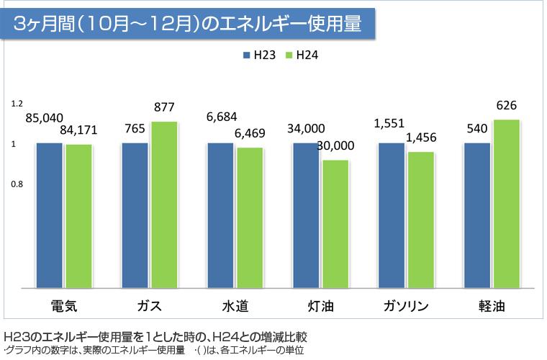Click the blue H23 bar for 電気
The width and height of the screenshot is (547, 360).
[x=49, y=215]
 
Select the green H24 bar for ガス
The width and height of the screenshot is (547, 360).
[x=164, y=204]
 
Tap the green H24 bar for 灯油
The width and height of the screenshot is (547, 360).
[x=335, y=223]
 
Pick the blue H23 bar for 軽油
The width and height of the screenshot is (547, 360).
[x=477, y=215]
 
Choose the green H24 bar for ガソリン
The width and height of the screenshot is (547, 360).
[x=420, y=220]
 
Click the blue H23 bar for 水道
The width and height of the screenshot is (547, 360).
[x=220, y=215]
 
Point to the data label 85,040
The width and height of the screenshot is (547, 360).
[x=44, y=117]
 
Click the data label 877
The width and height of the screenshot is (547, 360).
[x=164, y=108]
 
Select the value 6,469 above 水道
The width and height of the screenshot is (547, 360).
[x=250, y=134]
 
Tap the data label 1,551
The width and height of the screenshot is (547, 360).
[x=389, y=124]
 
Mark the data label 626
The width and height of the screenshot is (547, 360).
[x=507, y=105]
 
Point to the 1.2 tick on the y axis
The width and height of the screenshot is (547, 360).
[x=17, y=104]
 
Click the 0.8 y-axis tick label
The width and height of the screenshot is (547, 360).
[x=17, y=184]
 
